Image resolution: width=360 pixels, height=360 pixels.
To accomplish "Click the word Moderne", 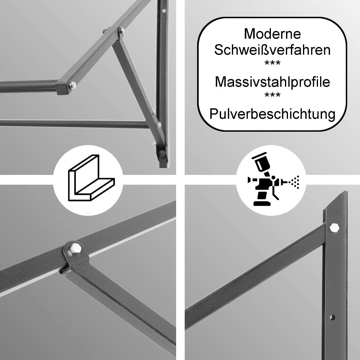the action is tap(272, 34).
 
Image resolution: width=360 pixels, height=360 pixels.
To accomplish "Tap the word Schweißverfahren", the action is tap(272, 50).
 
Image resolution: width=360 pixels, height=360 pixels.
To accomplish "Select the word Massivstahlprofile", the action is tap(272, 82).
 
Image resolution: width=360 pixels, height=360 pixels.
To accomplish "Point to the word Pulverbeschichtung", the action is tap(272, 114).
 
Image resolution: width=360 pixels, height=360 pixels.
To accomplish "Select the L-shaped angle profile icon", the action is tap(91, 178).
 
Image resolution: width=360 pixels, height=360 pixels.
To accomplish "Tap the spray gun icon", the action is tap(273, 179).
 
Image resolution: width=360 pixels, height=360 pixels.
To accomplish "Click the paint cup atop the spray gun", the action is tap(261, 163).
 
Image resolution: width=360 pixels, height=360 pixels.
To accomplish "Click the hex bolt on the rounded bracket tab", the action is tap(76, 248).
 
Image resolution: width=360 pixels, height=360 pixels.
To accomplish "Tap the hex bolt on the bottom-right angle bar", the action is tap(334, 228).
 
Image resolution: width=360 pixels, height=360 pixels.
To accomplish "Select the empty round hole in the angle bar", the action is tap(332, 317).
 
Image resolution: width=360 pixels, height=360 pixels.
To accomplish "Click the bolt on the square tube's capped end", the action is tap(73, 85).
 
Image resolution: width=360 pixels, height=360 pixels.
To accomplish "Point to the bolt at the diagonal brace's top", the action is tap(121, 30).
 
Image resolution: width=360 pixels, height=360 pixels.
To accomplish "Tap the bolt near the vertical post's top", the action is tap(164, 10).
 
